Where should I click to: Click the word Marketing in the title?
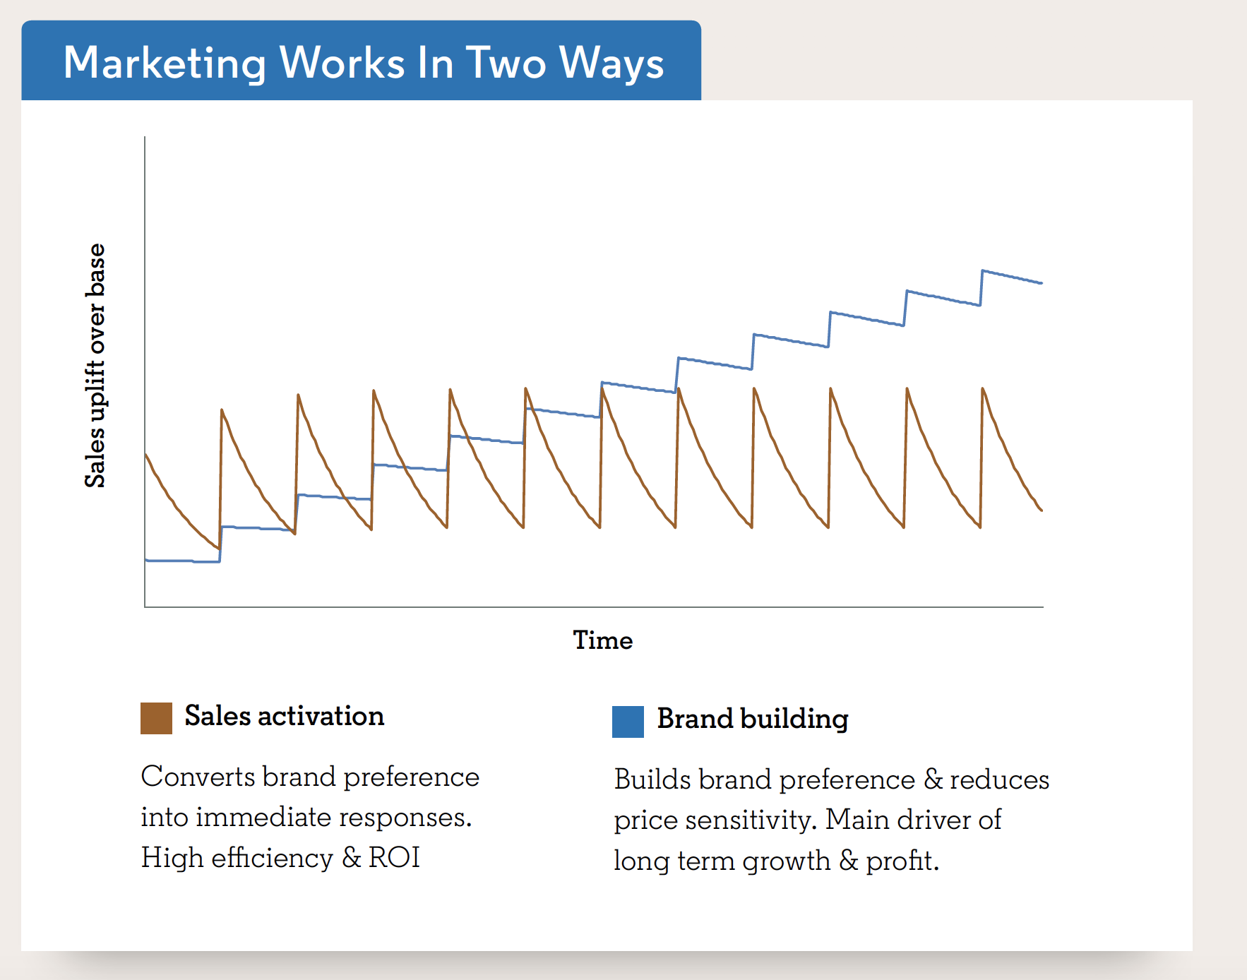point(165,64)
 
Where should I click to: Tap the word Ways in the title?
point(612,64)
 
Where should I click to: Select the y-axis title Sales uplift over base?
point(95,366)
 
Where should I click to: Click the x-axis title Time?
point(603,640)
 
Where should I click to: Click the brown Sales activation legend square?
point(156,718)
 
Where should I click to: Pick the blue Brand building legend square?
point(628,722)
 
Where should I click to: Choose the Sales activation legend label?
point(285,716)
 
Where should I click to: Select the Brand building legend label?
point(753,719)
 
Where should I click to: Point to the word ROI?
point(394,858)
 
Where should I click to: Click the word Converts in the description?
point(198,777)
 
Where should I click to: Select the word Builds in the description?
point(652,779)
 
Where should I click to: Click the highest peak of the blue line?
point(983,270)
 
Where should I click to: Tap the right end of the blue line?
point(1042,283)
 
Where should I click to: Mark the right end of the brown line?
point(1042,510)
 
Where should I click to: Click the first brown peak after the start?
point(222,410)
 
